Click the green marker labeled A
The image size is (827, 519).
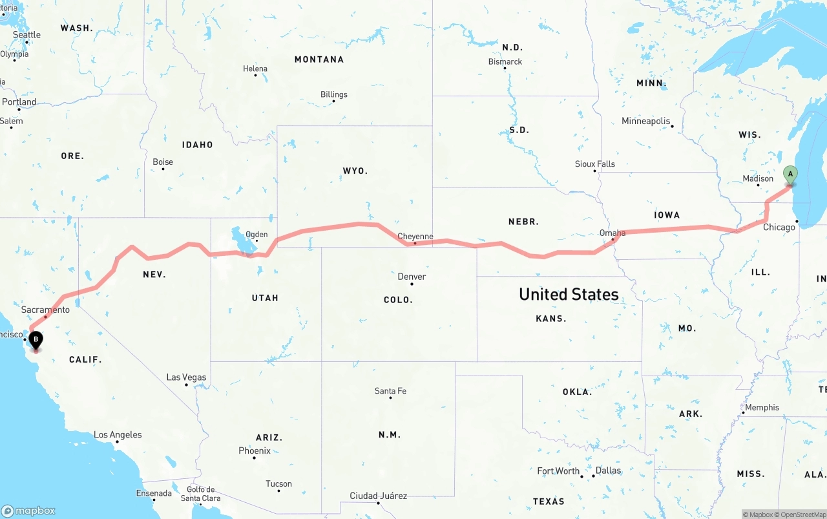790,174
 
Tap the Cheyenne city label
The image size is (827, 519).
415,237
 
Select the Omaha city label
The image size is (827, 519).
612,233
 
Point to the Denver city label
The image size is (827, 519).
412,277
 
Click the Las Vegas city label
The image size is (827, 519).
186,377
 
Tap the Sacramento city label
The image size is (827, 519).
45,310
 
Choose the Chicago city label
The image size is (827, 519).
779,227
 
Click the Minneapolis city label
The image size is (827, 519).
645,121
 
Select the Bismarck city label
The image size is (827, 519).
505,61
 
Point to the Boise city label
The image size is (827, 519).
163,162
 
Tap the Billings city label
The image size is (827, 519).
334,94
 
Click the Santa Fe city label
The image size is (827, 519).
390,391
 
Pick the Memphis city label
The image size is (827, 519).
762,408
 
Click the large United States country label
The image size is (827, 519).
569,295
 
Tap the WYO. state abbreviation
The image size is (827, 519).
355,171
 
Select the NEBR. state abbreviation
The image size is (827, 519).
523,222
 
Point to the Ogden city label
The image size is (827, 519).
256,235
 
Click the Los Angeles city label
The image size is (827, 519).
118,435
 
